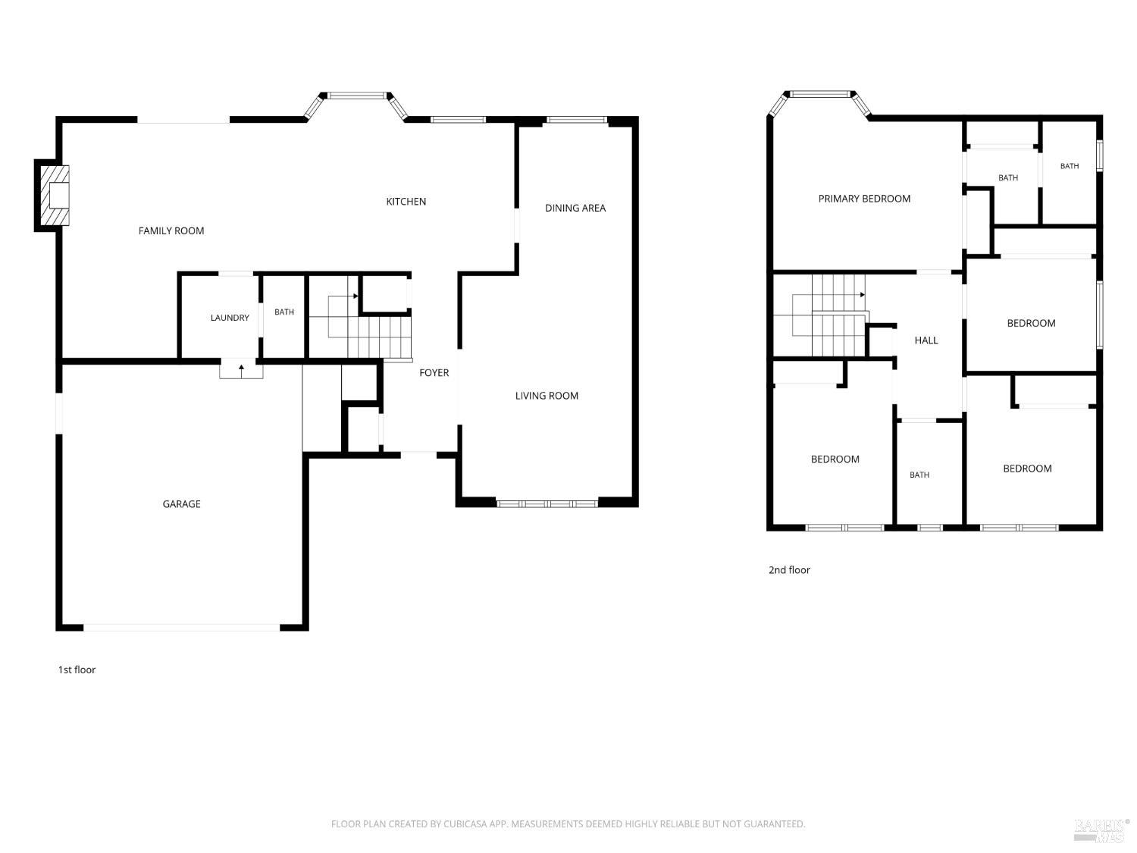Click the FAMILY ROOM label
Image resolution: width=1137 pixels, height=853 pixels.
[171, 230]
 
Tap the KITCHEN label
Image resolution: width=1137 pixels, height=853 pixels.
[406, 202]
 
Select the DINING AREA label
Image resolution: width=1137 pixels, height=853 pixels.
[575, 208]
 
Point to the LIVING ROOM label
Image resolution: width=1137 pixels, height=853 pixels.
[547, 396]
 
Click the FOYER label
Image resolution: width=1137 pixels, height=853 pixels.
[434, 372]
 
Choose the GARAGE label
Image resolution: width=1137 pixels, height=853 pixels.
[181, 504]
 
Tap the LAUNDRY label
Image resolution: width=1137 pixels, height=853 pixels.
[230, 318]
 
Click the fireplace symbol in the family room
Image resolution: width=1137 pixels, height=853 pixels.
[52, 195]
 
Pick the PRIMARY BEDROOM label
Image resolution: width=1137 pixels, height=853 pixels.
[864, 199]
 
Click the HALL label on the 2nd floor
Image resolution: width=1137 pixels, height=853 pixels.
[926, 340]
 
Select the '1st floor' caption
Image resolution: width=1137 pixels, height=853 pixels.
[77, 670]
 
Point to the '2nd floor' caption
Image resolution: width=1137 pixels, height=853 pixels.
[789, 569]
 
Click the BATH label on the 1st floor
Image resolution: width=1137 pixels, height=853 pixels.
[283, 312]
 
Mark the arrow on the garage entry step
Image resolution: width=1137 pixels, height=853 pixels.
[241, 371]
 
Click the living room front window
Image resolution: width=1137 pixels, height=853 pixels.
[547, 503]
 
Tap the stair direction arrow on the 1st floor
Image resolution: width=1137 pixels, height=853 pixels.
[343, 296]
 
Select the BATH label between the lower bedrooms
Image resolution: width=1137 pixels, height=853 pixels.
[919, 475]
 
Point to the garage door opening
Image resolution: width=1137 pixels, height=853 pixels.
[181, 627]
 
